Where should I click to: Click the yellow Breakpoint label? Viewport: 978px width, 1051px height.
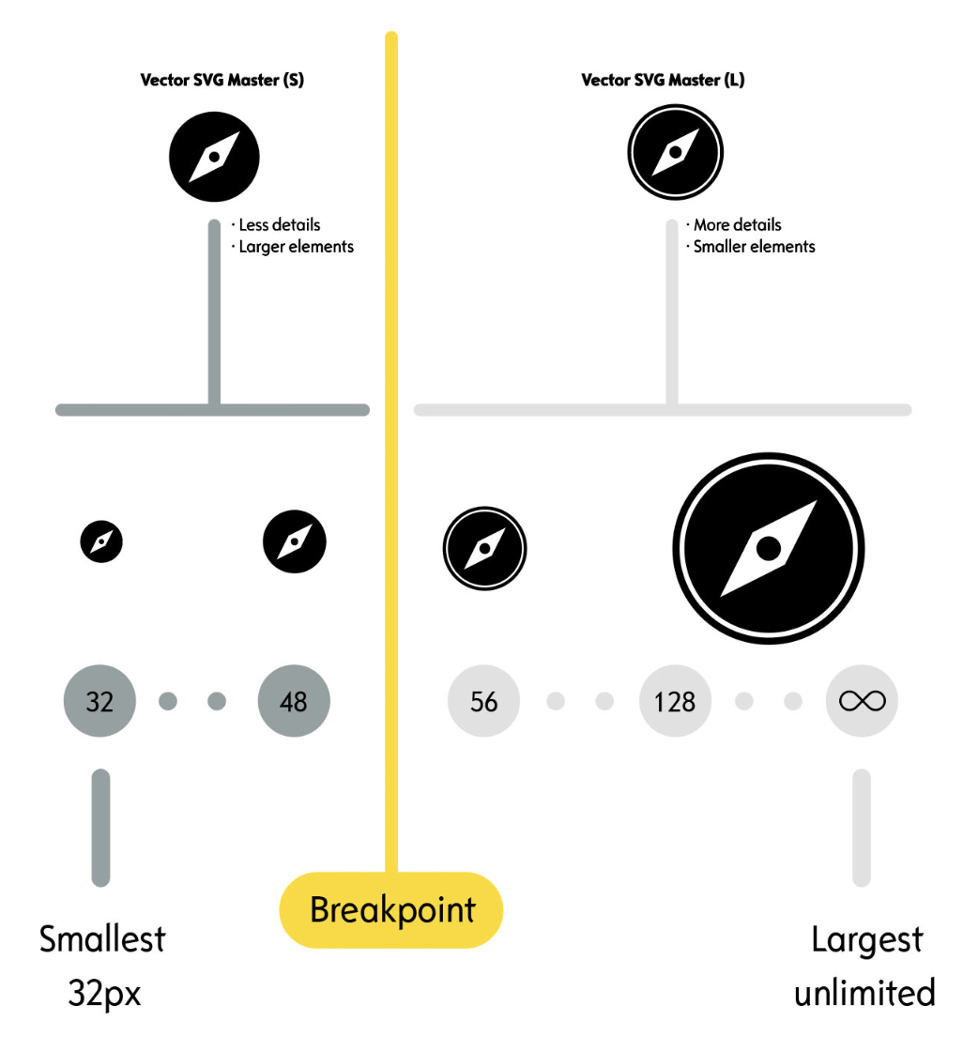pos(392,909)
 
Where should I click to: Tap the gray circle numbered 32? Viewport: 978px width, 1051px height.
pos(99,701)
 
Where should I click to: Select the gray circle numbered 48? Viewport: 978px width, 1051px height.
pos(294,701)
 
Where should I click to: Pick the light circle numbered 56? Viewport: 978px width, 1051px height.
pos(483,701)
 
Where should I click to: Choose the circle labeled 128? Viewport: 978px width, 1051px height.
pos(675,701)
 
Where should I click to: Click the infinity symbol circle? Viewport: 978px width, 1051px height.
pos(862,701)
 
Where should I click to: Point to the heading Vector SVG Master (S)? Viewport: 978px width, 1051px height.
pos(222,80)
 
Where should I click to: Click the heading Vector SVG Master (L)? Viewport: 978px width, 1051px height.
pos(663,80)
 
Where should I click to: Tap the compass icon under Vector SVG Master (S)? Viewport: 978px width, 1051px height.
pos(214,157)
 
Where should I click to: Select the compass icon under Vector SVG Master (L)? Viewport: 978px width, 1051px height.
pos(674,153)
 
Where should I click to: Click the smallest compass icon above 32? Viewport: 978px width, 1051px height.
pos(101,541)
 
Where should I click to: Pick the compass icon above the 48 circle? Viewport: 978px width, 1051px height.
pos(295,541)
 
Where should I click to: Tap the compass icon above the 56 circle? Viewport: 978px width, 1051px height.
pos(484,548)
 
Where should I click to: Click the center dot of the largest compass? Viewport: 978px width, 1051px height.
pos(769,549)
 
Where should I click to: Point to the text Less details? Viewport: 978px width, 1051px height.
pos(279,225)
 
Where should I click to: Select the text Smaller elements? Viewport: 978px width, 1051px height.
pos(754,247)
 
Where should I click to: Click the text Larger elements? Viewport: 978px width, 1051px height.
pos(296,247)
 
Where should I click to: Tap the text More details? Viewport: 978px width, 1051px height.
pos(737,225)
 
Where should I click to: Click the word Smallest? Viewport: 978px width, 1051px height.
pos(102,939)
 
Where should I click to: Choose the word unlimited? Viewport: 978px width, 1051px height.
pos(864,992)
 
